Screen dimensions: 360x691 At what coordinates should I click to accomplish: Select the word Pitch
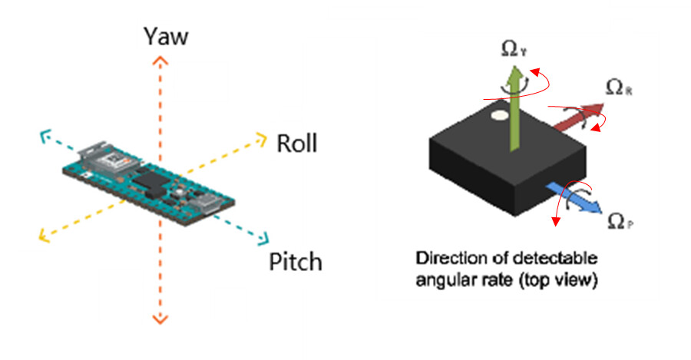[x=296, y=262]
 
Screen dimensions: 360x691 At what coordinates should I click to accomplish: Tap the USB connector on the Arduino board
[x=210, y=203]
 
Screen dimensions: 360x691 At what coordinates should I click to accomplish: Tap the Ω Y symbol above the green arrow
[x=513, y=50]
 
